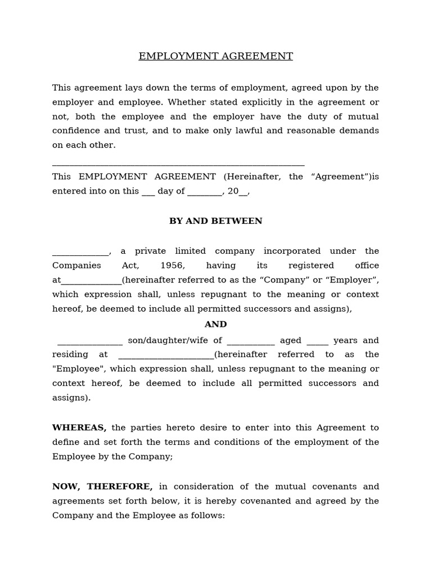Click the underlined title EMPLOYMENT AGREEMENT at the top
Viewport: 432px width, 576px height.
click(215, 56)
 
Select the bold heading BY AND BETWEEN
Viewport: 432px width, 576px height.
click(215, 221)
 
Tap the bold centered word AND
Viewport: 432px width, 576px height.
click(215, 325)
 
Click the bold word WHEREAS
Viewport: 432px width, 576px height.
click(79, 427)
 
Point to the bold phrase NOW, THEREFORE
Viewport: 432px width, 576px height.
click(102, 487)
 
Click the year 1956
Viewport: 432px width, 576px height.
click(172, 265)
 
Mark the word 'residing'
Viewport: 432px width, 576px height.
click(70, 355)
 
